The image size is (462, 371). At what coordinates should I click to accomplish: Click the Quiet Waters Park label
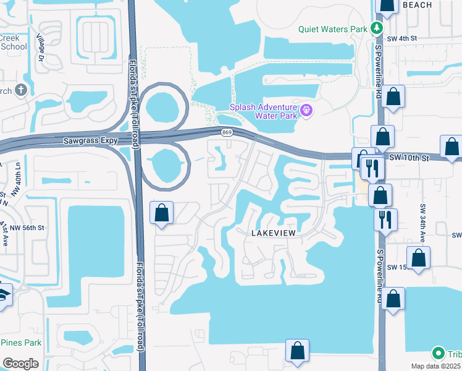332,28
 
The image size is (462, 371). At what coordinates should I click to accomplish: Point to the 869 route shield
227,132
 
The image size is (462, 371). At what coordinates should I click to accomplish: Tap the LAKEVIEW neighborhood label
274,232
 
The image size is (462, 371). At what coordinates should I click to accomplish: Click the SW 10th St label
409,158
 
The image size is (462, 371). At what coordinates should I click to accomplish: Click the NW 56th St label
27,228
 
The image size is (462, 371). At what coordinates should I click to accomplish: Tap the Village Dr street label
43,48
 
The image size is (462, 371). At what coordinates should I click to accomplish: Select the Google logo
21,363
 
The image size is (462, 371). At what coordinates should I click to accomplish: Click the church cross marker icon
21,90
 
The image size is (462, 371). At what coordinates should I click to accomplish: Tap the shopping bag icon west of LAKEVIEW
162,213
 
